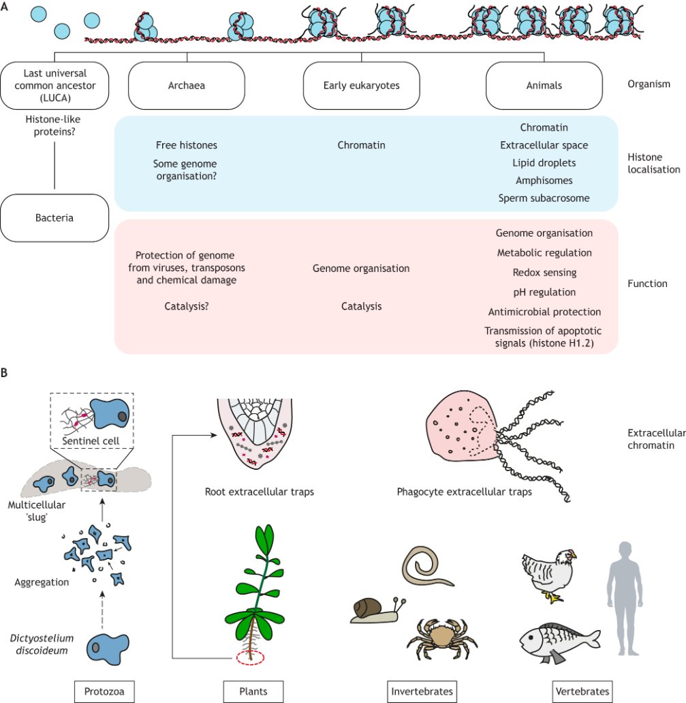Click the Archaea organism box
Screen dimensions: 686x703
(x=187, y=85)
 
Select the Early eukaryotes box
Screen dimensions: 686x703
(x=361, y=85)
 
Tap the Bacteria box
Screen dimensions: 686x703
(x=54, y=218)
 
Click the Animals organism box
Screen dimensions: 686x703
(x=544, y=85)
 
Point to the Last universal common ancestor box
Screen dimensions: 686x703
(x=54, y=85)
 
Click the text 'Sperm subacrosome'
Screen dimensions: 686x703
(x=544, y=198)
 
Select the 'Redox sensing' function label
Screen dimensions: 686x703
(x=544, y=273)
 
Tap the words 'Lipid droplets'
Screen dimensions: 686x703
(x=544, y=163)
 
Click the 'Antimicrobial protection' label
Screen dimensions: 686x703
(x=544, y=312)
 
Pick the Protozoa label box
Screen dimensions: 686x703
(x=104, y=691)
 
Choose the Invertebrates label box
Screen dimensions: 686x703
(x=422, y=691)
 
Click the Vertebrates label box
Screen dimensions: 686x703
(x=582, y=691)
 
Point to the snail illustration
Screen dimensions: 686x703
(x=377, y=611)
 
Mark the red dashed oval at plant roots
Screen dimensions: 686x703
(x=251, y=658)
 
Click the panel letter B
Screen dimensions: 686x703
(x=4, y=373)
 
